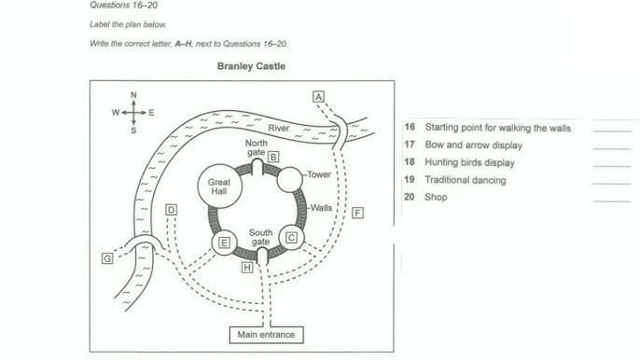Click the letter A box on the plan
tap(318, 97)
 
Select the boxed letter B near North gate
tap(273, 157)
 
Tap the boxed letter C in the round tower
tap(291, 238)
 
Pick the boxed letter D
tap(171, 210)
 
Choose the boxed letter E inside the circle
tap(224, 242)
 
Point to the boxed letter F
tap(357, 213)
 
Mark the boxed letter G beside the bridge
tap(107, 258)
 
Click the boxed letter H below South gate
tap(247, 268)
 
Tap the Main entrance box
tap(266, 335)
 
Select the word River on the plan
tap(279, 128)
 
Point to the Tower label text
tap(319, 174)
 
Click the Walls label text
tap(321, 208)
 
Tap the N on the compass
tap(133, 95)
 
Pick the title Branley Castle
tap(251, 66)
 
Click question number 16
tap(410, 127)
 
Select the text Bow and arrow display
tap(474, 145)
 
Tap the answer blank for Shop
tap(611, 200)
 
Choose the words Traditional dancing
tap(466, 180)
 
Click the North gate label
tap(257, 147)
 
